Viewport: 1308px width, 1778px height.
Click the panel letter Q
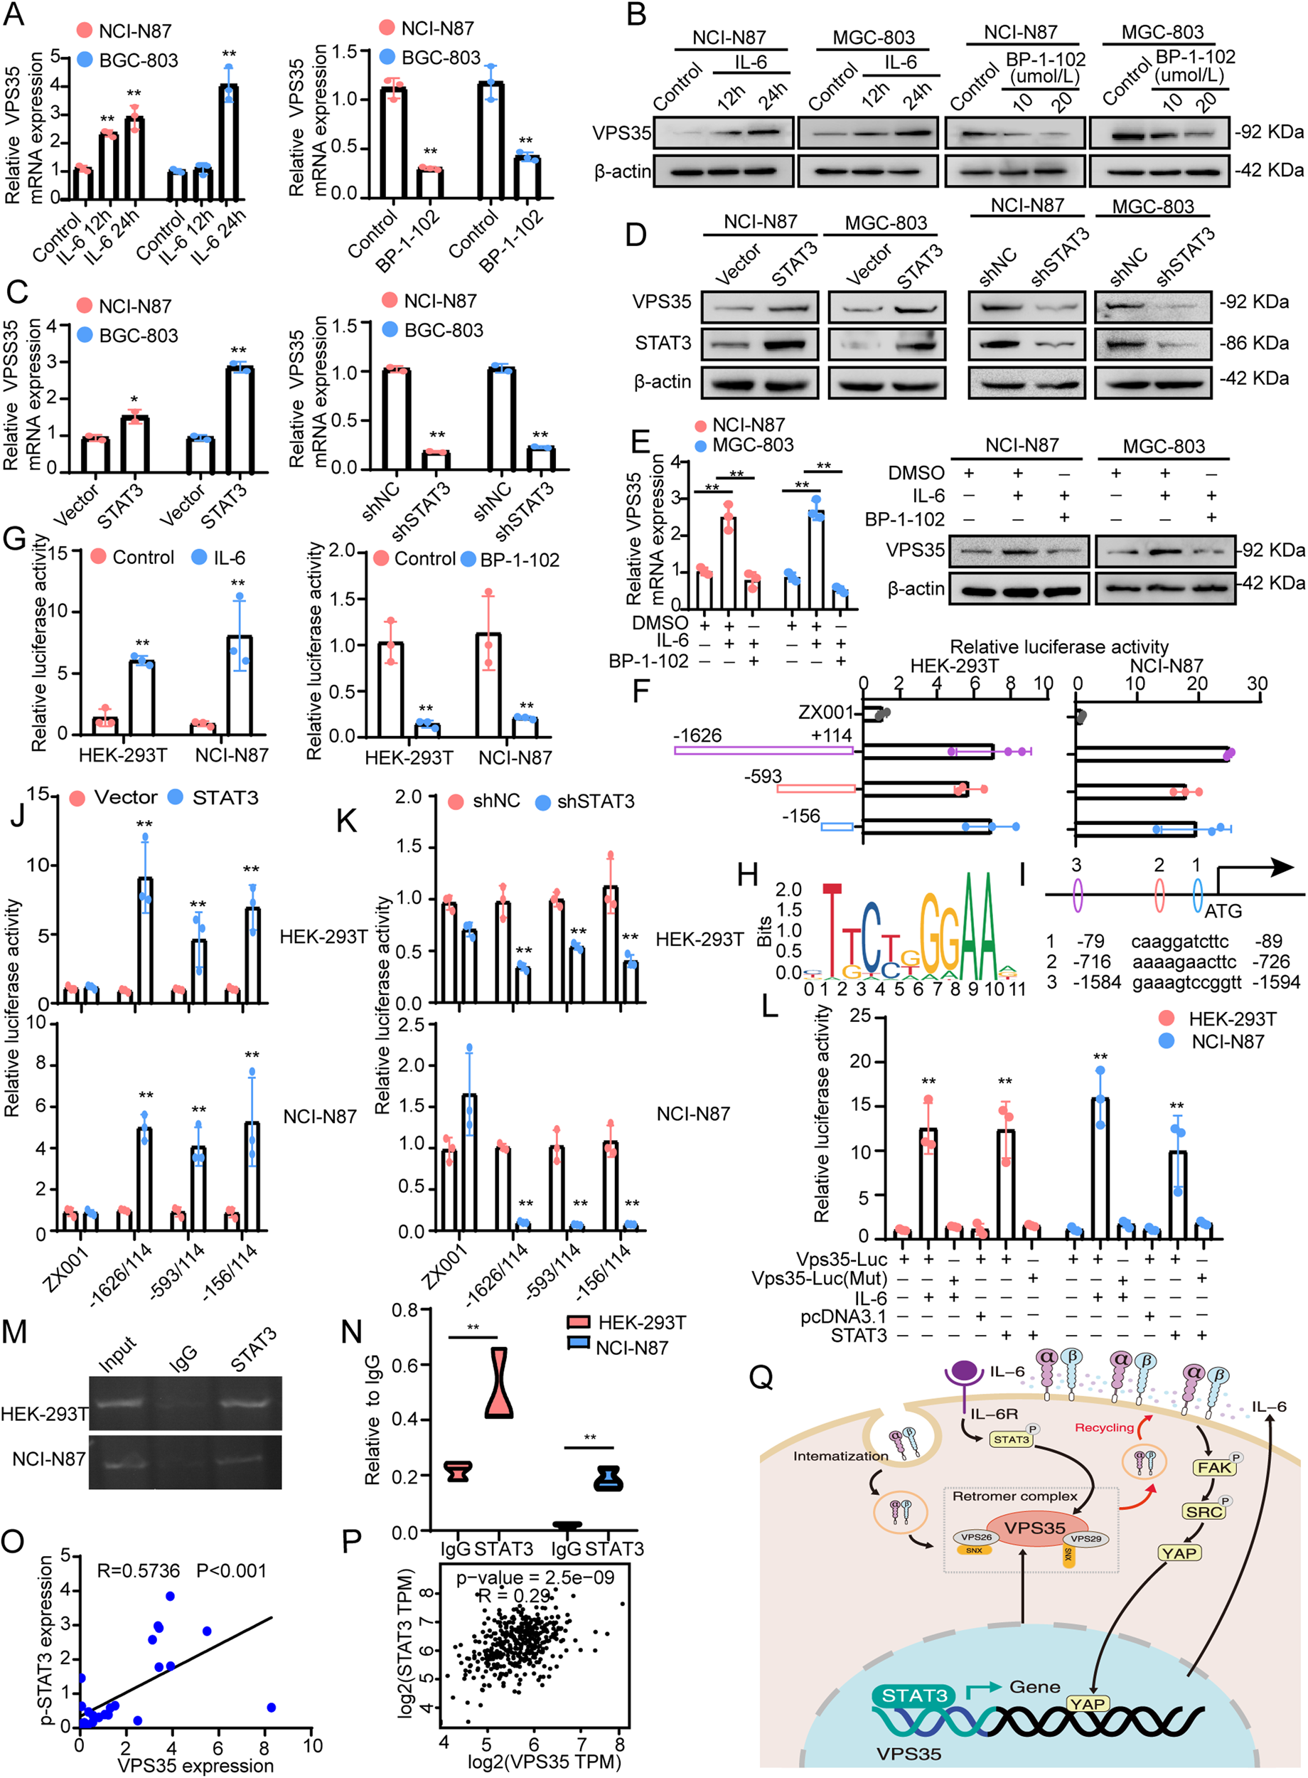(761, 1378)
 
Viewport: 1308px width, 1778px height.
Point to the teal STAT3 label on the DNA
(914, 1695)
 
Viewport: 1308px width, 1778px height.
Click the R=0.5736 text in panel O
(138, 1570)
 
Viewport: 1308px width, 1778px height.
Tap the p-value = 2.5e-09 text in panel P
(535, 1576)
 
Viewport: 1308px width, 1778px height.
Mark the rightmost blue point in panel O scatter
(271, 1707)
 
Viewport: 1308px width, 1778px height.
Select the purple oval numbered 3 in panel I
(1077, 893)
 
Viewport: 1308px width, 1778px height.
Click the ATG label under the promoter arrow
(1223, 911)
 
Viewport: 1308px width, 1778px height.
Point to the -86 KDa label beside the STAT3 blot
(1254, 343)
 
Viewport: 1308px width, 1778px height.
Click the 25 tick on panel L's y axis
(860, 1016)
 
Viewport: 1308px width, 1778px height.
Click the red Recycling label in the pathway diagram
(1104, 1427)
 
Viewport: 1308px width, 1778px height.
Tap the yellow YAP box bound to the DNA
(1088, 1703)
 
